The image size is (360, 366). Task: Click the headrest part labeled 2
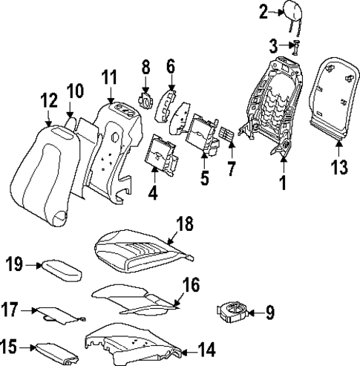point(291,13)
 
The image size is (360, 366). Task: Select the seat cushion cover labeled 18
point(145,250)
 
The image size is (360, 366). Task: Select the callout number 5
point(204,178)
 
